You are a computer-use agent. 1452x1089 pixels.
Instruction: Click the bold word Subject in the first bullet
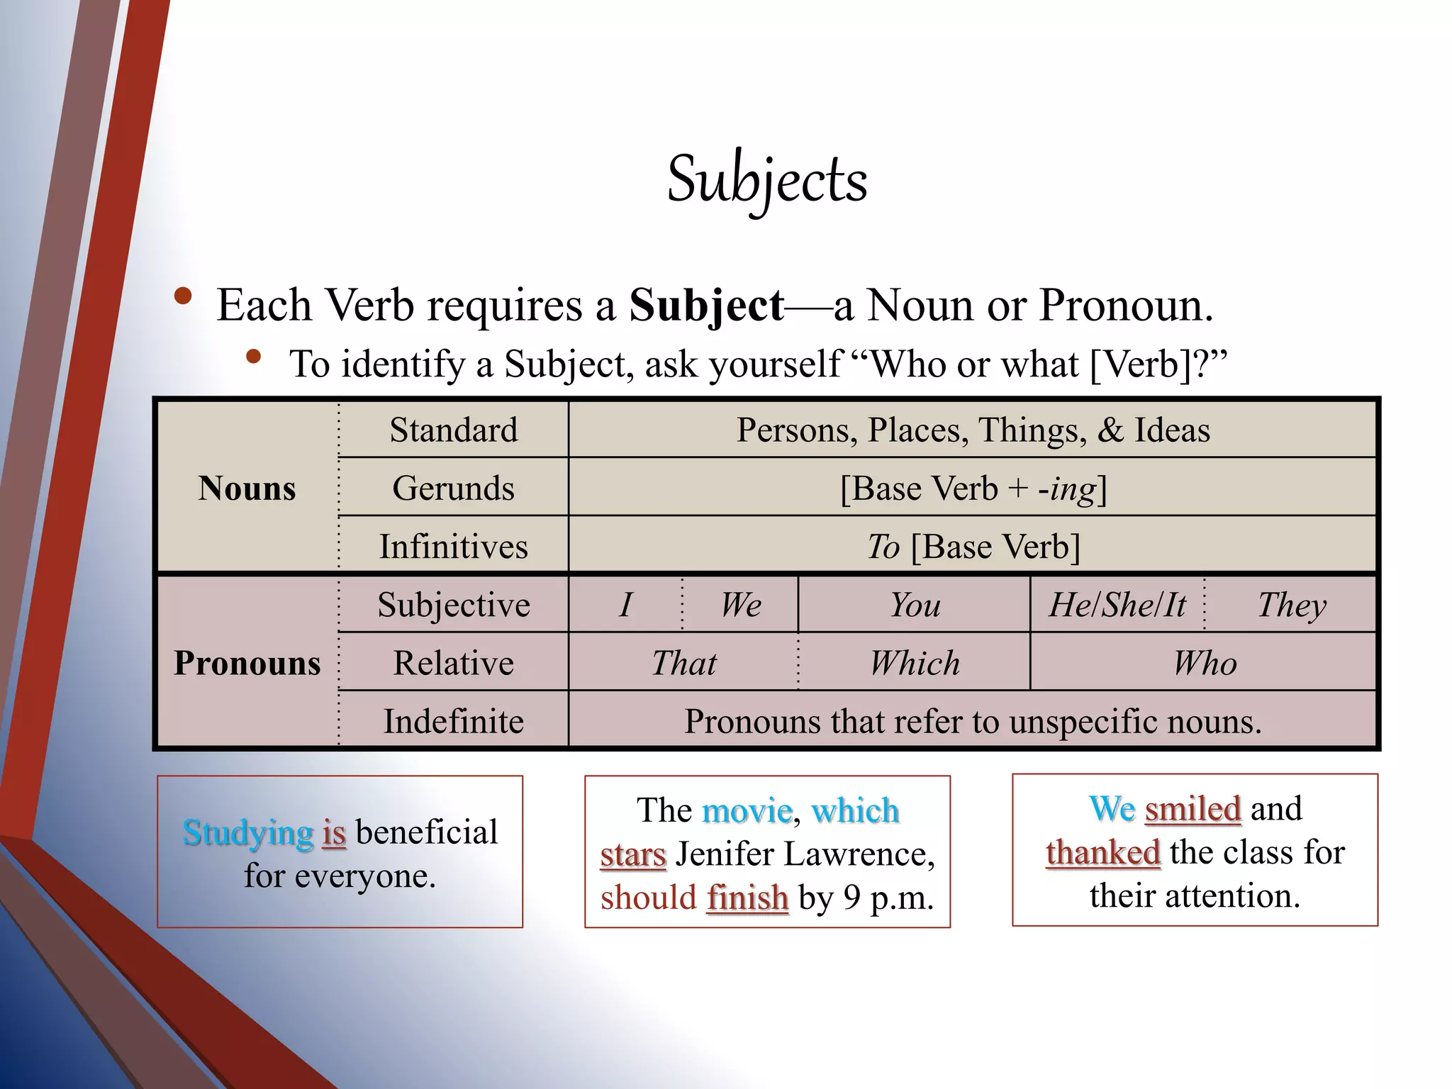[706, 306]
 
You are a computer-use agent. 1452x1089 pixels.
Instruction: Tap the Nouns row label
[247, 488]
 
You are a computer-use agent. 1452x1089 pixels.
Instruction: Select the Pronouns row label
[247, 663]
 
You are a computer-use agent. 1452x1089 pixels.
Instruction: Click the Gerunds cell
[454, 488]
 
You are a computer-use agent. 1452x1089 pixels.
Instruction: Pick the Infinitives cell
[454, 547]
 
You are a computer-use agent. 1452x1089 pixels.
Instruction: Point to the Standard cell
[454, 430]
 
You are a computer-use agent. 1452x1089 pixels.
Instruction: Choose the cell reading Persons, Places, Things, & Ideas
[973, 430]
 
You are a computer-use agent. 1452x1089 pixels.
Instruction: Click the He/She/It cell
[1117, 605]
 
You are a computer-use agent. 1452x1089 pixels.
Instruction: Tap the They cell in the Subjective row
[1291, 605]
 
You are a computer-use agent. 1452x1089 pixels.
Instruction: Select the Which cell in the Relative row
[915, 663]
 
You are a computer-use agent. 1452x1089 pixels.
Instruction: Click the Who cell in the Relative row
[1204, 663]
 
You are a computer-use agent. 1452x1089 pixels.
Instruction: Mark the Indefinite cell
[454, 721]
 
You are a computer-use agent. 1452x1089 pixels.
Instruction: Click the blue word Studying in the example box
[248, 833]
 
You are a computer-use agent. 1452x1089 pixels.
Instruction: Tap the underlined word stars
[632, 854]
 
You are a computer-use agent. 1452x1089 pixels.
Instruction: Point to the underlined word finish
[747, 898]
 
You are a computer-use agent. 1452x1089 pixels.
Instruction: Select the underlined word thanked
[1102, 852]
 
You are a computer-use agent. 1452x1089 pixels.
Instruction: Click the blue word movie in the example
[747, 810]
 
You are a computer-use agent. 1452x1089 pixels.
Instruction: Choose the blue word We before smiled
[1112, 809]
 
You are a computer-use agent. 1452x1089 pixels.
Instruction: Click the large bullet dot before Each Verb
[183, 296]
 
